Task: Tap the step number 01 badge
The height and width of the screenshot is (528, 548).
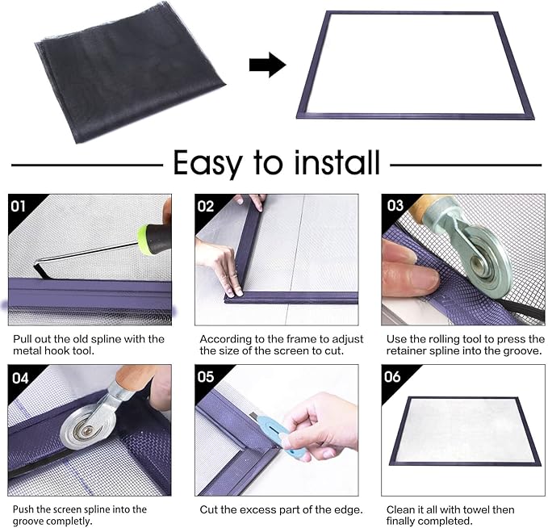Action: pyautogui.click(x=19, y=206)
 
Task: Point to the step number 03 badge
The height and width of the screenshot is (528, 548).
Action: pyautogui.click(x=395, y=206)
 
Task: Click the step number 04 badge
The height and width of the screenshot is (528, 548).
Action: pyautogui.click(x=19, y=377)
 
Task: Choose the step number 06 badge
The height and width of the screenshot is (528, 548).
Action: pyautogui.click(x=395, y=377)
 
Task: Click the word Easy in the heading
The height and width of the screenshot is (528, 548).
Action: pyautogui.click(x=207, y=164)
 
